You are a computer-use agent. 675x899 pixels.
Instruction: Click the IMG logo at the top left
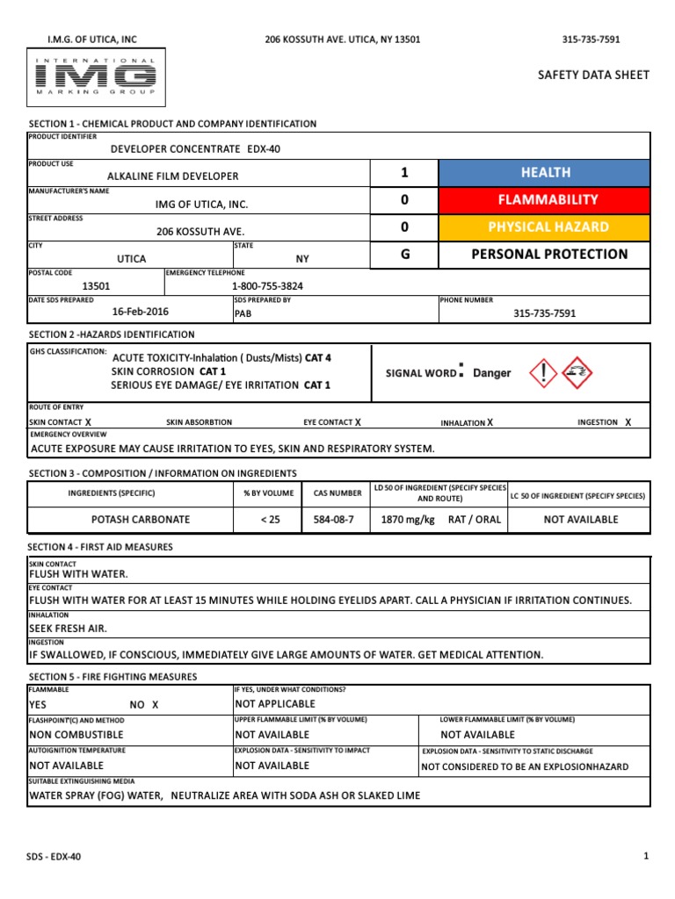(95, 76)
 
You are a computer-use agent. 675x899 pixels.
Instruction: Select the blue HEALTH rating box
(545, 173)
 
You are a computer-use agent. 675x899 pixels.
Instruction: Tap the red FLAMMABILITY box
(545, 200)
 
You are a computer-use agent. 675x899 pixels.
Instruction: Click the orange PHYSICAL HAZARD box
(545, 227)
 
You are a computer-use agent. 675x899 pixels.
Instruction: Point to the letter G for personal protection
(404, 255)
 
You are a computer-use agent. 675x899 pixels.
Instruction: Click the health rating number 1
(404, 173)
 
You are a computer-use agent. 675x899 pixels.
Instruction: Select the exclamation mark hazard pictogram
(544, 372)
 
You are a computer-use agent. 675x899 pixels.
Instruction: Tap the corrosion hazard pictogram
(577, 372)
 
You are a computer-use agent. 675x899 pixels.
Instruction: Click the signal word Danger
(491, 373)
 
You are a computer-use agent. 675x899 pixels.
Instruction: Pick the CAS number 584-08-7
(333, 520)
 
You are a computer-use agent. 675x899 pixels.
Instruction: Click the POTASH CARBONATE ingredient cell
(129, 520)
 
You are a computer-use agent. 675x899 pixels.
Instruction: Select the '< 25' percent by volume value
(270, 520)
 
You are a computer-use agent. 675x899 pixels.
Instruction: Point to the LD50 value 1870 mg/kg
(408, 520)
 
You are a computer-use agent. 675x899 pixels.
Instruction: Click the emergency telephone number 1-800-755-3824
(269, 286)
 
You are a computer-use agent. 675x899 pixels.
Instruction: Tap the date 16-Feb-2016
(141, 312)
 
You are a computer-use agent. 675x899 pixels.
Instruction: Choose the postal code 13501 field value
(97, 286)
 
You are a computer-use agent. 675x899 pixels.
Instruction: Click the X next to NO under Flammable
(156, 705)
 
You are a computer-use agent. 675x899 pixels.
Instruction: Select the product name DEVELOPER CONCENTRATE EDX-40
(195, 149)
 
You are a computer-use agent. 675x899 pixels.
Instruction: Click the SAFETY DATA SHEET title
(593, 76)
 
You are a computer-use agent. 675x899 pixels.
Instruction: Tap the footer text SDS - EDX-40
(54, 856)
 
